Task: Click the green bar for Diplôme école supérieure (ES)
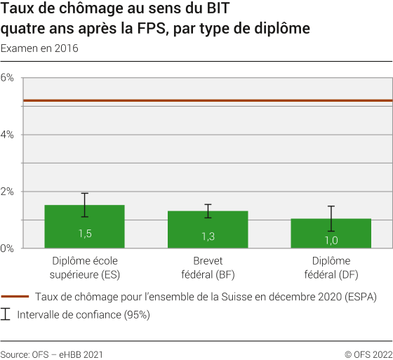(84, 226)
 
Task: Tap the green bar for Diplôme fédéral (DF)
(331, 233)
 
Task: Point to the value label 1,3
(208, 236)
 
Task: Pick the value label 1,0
(331, 240)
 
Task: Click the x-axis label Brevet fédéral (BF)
(208, 267)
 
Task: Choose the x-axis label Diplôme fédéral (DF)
(331, 267)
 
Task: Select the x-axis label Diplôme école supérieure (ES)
(84, 267)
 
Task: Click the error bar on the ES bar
(84, 205)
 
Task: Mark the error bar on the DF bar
(331, 218)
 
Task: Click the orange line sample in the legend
(15, 297)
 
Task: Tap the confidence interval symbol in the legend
(6, 314)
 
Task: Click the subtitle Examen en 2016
(39, 49)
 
